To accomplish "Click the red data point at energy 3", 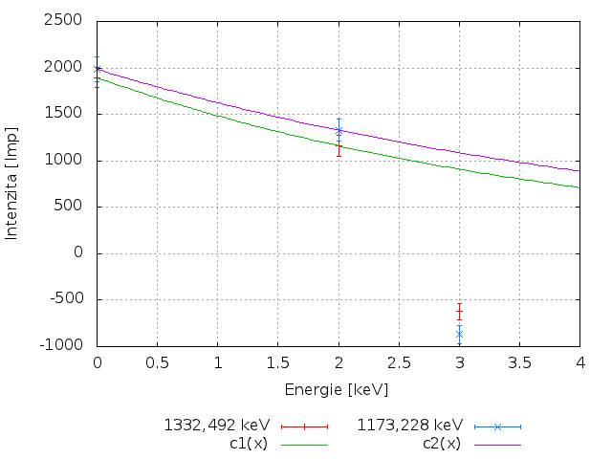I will point(459,313).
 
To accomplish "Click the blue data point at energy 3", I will point(459,334).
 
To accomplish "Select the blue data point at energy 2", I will point(339,130).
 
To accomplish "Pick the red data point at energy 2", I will point(339,146).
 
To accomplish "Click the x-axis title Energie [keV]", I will point(338,389).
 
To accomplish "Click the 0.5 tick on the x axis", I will point(157,363).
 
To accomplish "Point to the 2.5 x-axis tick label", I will point(399,363).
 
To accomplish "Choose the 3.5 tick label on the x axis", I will point(519,363).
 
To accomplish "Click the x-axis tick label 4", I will point(579,363).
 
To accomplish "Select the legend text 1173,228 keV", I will point(410,425).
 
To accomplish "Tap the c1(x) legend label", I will point(251,443).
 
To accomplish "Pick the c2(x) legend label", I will point(442,443).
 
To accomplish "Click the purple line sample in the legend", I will point(497,445).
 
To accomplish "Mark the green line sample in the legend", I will point(305,445).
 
